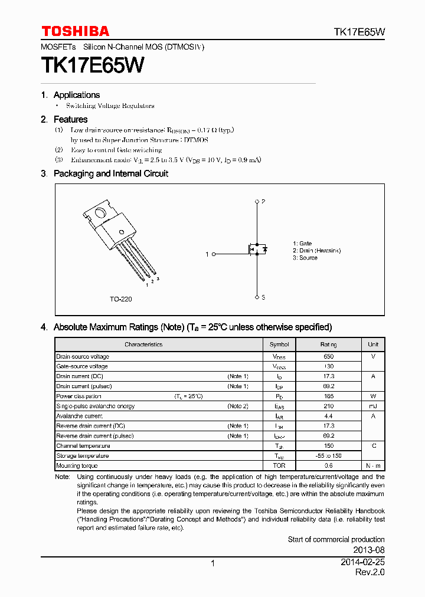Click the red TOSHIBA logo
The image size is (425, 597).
point(75,31)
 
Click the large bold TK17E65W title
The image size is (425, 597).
point(92,65)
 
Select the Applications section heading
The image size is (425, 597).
point(76,95)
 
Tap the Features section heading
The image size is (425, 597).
point(70,119)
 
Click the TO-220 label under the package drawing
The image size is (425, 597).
point(120,299)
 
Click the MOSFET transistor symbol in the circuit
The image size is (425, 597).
point(256,250)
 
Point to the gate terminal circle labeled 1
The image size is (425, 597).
point(214,254)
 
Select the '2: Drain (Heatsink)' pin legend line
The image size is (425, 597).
point(316,251)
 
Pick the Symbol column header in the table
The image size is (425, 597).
point(279,345)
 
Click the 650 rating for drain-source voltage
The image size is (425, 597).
point(329,356)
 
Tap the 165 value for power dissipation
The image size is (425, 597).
point(329,396)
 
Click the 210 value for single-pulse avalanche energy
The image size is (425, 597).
point(329,406)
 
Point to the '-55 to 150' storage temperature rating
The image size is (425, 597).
point(329,456)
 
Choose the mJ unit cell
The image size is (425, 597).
point(373,406)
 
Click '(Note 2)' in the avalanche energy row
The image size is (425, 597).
point(238,406)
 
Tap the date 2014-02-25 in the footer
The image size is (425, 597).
point(362,563)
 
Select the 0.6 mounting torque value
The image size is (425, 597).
point(329,465)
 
